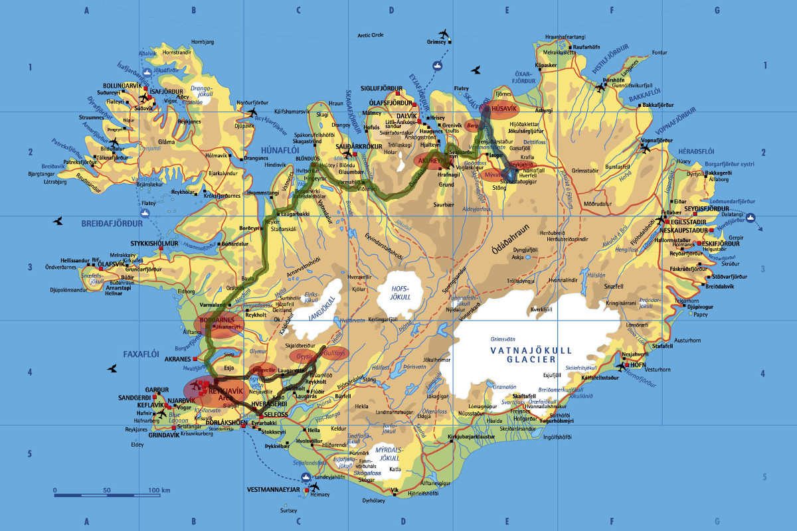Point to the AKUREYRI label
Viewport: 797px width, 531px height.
tap(433, 161)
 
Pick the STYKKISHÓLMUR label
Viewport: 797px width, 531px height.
tap(157, 244)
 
